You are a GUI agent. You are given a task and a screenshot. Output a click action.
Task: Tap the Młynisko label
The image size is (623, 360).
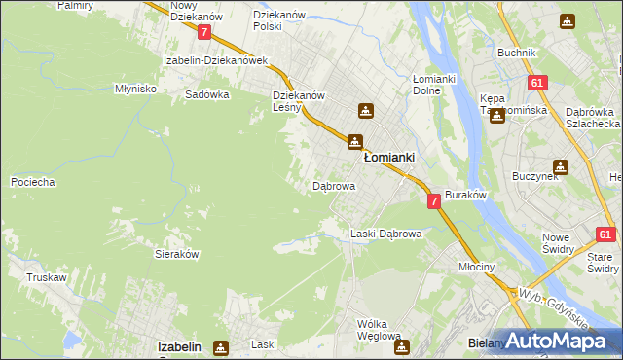tap(135, 88)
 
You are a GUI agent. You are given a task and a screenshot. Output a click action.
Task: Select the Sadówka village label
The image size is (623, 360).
tap(207, 95)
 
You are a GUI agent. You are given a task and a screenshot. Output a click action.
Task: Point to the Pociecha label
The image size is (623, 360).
tap(32, 182)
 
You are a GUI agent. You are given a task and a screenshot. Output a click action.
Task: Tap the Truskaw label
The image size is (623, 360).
tap(46, 277)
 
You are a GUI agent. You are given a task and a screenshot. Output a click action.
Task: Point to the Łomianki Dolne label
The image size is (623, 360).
tap(441, 85)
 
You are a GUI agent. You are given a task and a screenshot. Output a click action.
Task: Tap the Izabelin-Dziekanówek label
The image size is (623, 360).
tap(216, 60)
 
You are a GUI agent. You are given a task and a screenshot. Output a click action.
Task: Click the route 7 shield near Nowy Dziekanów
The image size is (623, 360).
tap(204, 32)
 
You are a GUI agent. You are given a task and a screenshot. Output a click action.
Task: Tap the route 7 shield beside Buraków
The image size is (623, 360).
tap(433, 200)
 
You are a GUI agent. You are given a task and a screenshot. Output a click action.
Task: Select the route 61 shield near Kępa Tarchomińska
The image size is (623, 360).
tap(536, 85)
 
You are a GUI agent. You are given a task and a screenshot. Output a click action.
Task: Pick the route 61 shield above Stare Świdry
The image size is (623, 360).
tap(606, 234)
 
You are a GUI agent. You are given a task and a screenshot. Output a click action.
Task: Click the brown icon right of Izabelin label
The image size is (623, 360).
tap(222, 346)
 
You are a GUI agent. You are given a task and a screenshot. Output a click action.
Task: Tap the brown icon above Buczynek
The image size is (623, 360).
tap(561, 167)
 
